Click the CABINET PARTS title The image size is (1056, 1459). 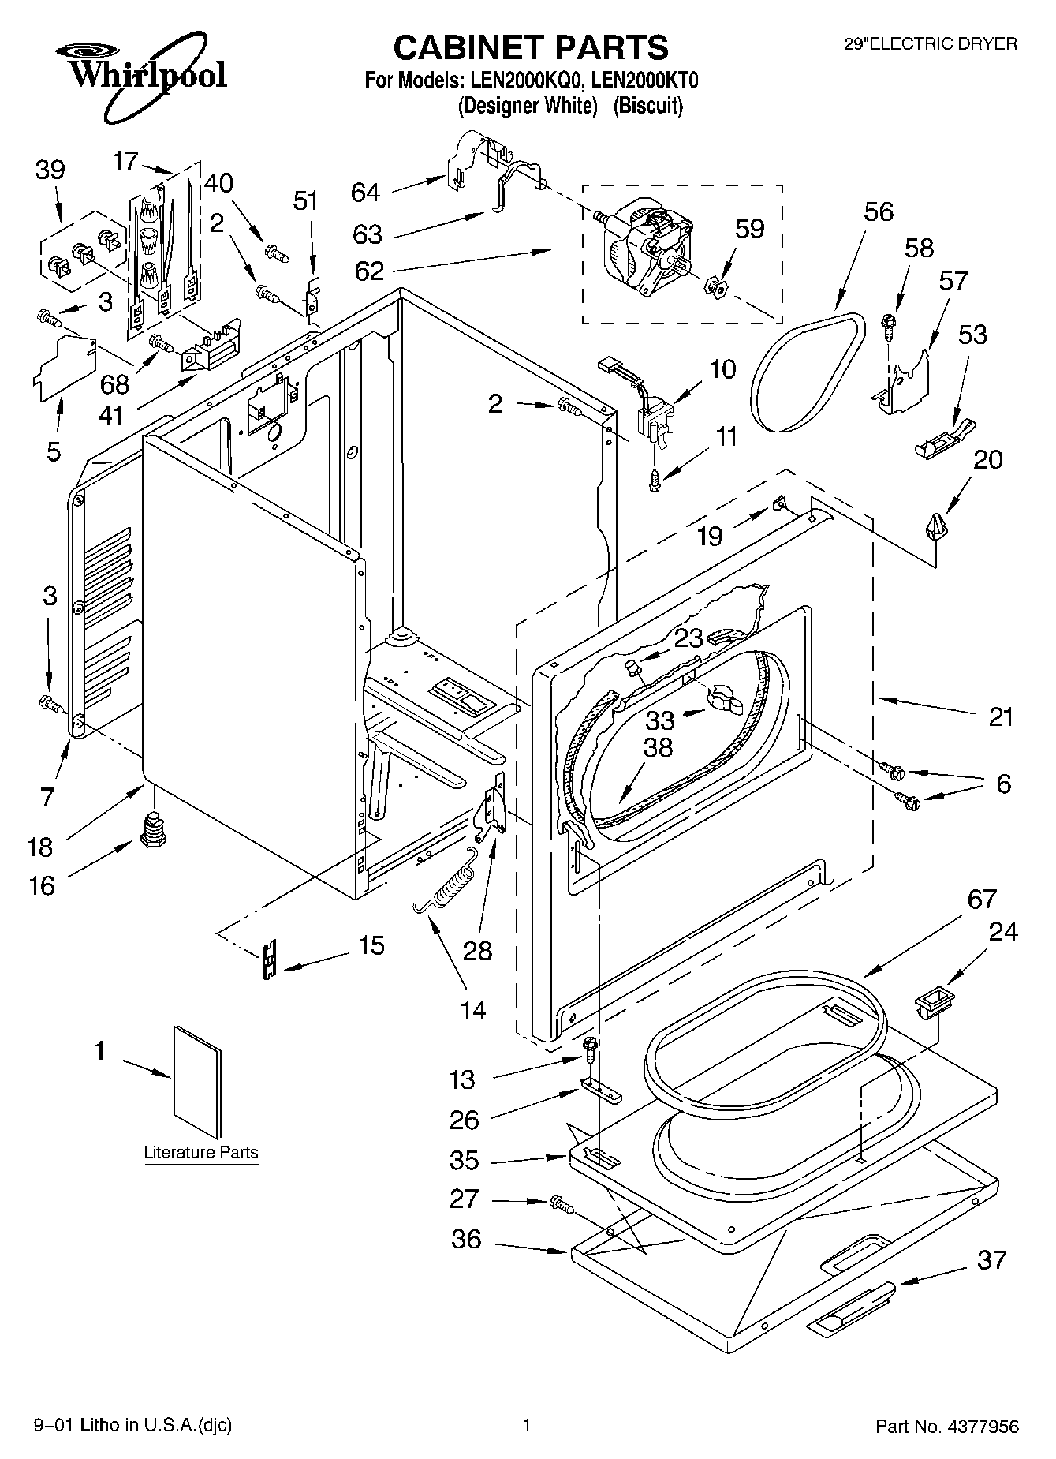click(x=531, y=48)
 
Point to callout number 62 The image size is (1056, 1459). click(x=369, y=271)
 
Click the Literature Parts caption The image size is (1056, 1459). click(x=201, y=1152)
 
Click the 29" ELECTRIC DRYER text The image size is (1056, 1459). click(x=931, y=44)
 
